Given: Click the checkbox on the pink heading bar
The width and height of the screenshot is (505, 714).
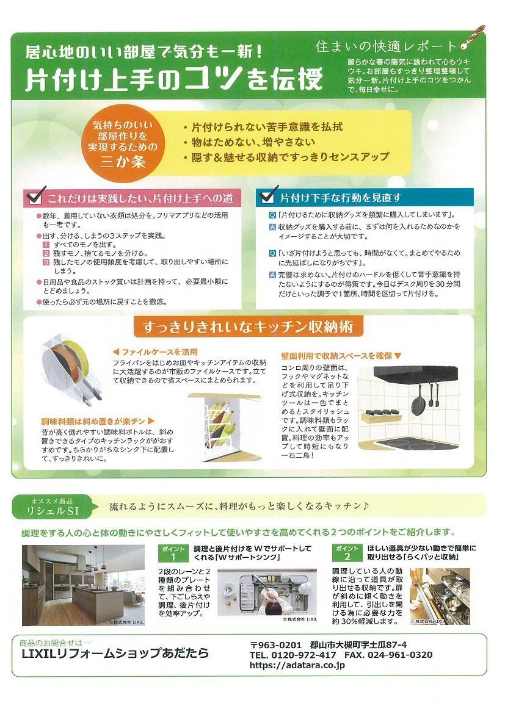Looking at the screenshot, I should [x=35, y=197].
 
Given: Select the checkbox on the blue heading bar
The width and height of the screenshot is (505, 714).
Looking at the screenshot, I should [x=266, y=197].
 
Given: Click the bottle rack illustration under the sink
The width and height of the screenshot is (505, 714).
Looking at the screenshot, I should [x=219, y=424].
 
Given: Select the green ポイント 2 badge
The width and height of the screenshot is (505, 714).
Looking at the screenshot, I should [x=347, y=552].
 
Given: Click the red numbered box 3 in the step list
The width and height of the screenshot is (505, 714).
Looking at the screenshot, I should [x=46, y=261].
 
